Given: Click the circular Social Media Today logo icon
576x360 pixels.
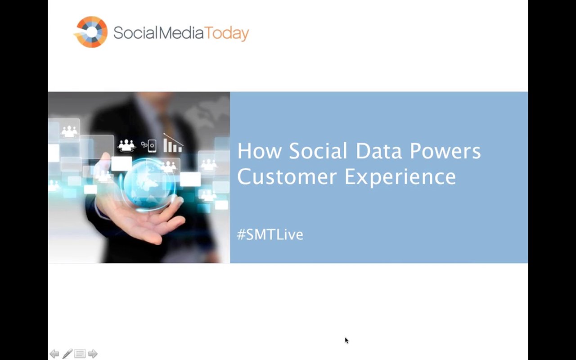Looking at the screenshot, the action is pos(91,32).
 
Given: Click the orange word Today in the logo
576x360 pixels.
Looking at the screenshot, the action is pos(226,33).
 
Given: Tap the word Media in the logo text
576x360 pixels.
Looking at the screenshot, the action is pos(181,33).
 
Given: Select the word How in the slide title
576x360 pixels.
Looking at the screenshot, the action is pos(259,151).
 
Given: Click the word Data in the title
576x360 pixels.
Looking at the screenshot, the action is pos(378,151).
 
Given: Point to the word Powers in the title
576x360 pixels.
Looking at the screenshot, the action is pos(445,151).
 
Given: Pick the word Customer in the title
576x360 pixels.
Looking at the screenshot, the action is pos(287,177).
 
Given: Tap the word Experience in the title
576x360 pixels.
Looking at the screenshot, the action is pos(400,177).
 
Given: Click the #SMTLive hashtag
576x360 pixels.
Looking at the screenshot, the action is pos(270,234).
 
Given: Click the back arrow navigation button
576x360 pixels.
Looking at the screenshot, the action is pos(54,354).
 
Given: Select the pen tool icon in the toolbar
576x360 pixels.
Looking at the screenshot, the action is pos(67,354).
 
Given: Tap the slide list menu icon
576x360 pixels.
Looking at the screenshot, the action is pos(80,354).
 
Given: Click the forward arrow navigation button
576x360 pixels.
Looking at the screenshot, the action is pos(93,354).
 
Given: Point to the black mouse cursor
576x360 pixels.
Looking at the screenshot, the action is pos(346,341).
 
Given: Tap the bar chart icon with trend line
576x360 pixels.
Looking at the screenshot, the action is pos(173,143).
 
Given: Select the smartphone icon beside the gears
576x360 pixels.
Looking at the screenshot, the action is pos(152,146).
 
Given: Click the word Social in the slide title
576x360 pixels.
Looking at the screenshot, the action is pos(318,151).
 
